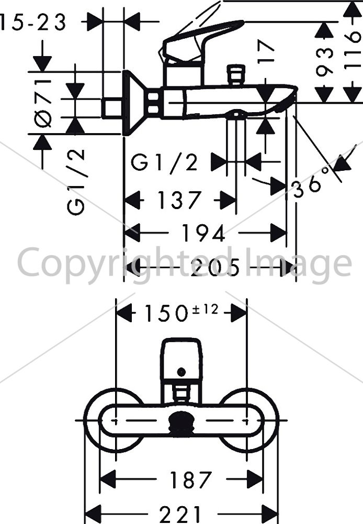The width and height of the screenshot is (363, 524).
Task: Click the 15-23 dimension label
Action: (33, 23)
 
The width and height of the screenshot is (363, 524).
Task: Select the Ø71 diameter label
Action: (43, 99)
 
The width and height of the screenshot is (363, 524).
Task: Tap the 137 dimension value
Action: (179, 200)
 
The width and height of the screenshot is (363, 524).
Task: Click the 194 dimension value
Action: (203, 233)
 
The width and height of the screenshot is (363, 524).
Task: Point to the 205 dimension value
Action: (215, 267)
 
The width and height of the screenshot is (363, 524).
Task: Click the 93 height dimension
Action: (324, 62)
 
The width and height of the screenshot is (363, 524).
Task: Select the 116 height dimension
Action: (353, 50)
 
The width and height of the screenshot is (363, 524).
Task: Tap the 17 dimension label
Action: (266, 51)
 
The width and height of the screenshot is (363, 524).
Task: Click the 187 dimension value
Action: (190, 479)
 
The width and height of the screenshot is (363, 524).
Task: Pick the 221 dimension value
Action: (180, 515)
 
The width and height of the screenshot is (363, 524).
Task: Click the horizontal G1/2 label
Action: (164, 162)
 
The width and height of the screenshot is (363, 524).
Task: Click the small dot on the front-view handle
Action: (181, 372)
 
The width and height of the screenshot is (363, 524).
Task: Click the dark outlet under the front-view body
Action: (181, 424)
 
